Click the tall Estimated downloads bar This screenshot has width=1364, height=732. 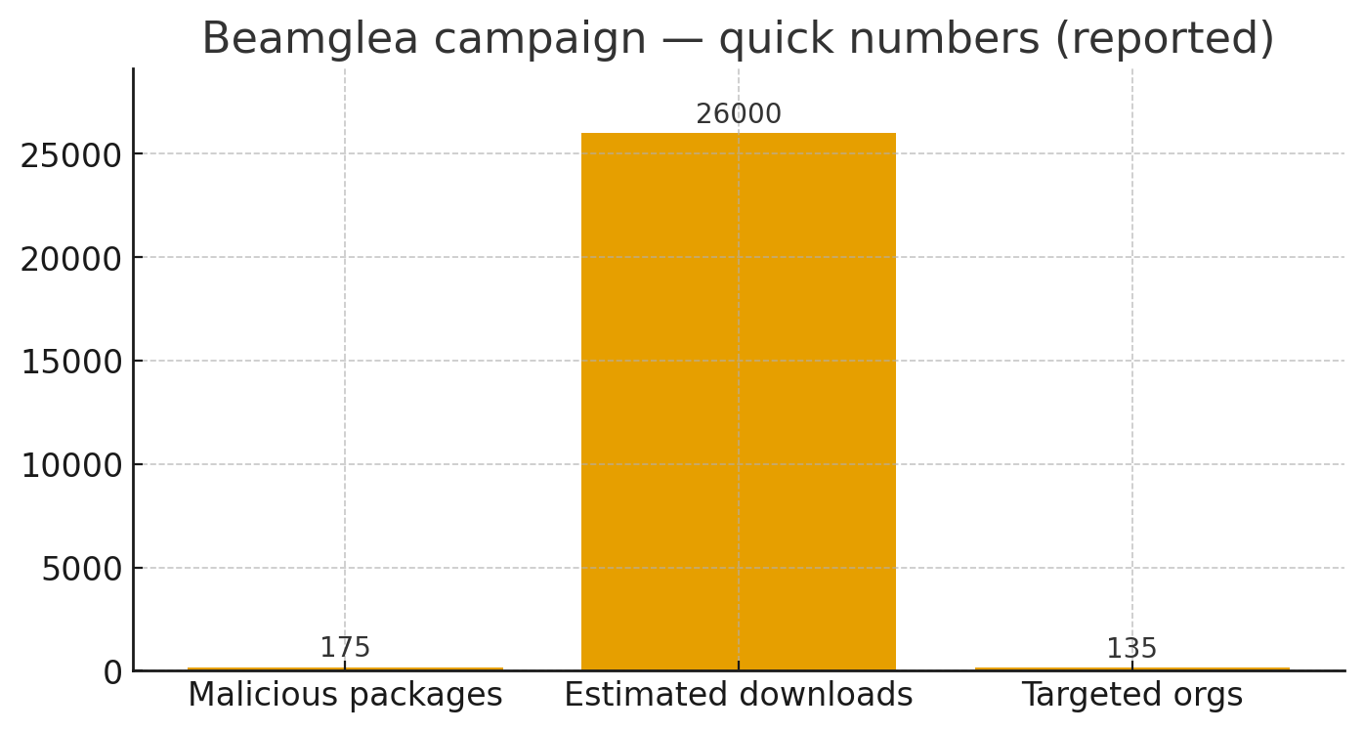point(738,401)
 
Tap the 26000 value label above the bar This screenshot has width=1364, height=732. point(738,115)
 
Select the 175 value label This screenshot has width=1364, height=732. point(345,648)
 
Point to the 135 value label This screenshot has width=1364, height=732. point(1131,649)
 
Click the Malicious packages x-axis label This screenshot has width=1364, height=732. point(345,695)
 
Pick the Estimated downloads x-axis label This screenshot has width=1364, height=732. point(738,695)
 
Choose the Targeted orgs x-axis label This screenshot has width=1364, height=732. point(1131,695)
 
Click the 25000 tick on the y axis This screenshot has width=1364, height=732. point(71,154)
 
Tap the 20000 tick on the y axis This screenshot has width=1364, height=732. point(71,258)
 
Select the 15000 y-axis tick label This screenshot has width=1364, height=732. point(71,362)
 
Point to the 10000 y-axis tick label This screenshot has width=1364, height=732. point(71,465)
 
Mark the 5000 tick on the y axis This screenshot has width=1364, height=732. point(82,569)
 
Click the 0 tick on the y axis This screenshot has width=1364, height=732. point(113,672)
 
